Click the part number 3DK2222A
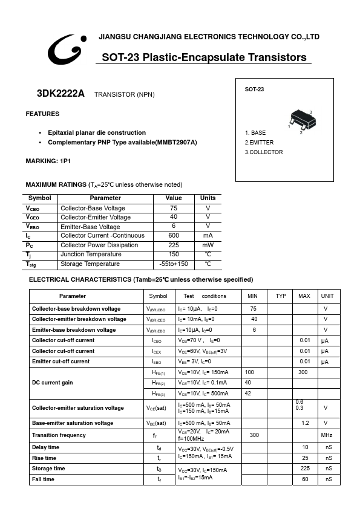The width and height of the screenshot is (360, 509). click(61, 94)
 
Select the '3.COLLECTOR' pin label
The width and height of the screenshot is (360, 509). click(264, 152)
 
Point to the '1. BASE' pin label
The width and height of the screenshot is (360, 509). click(255, 133)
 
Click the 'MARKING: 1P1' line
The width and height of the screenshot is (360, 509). click(48, 161)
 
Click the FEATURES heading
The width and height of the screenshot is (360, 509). click(42, 114)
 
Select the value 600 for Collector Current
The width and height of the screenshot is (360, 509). click(174, 236)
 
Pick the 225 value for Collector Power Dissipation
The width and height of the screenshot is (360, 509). click(174, 245)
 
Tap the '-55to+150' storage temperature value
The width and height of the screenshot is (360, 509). click(174, 264)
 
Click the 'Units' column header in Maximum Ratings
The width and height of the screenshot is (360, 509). click(208, 198)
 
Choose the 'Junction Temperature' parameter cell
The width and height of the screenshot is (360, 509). click(90, 254)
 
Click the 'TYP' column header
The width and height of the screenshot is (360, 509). click(281, 296)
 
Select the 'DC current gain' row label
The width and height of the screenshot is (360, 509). click(53, 383)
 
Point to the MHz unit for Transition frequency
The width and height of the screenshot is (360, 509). click(327, 435)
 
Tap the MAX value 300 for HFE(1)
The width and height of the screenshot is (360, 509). click(303, 372)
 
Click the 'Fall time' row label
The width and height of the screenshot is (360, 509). click(43, 479)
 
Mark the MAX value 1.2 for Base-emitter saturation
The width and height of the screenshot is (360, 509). click(304, 423)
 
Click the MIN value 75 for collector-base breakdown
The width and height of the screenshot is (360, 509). click(254, 309)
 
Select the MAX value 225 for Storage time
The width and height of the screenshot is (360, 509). click(305, 468)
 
